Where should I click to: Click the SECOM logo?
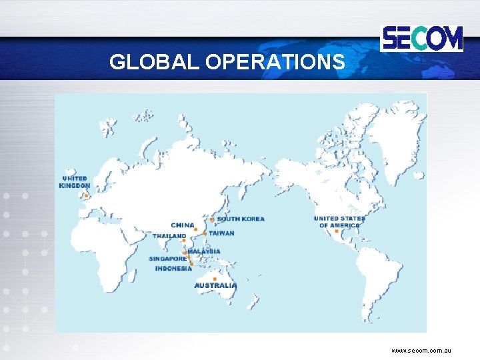coord(421,38)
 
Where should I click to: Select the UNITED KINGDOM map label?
coord(75,182)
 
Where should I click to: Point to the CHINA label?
coord(183,225)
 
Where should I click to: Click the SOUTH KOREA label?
coord(240,219)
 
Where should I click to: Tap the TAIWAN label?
coord(221,233)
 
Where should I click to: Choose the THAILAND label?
coord(169,236)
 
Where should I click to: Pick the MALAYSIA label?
coord(204,251)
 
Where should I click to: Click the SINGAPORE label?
coord(167,259)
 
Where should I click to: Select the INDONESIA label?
coord(173,269)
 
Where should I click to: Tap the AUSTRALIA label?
coord(215,285)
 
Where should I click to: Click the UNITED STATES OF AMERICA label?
coord(339,222)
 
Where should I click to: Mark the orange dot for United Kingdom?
coord(86,195)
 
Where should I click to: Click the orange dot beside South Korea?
coord(212,219)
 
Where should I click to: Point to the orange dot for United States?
coord(337,231)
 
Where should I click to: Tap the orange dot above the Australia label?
coord(215,279)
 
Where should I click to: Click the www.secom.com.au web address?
coord(421,350)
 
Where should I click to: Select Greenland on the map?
coord(394,133)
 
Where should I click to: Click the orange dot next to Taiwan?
coord(204,233)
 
